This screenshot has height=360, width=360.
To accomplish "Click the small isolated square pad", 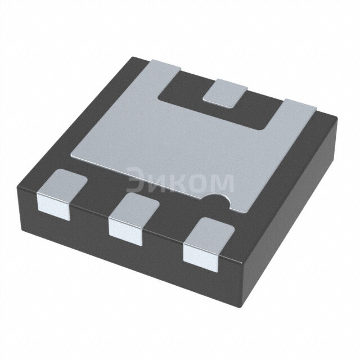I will click(x=225, y=92).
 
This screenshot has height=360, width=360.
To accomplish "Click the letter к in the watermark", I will click(x=177, y=183).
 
